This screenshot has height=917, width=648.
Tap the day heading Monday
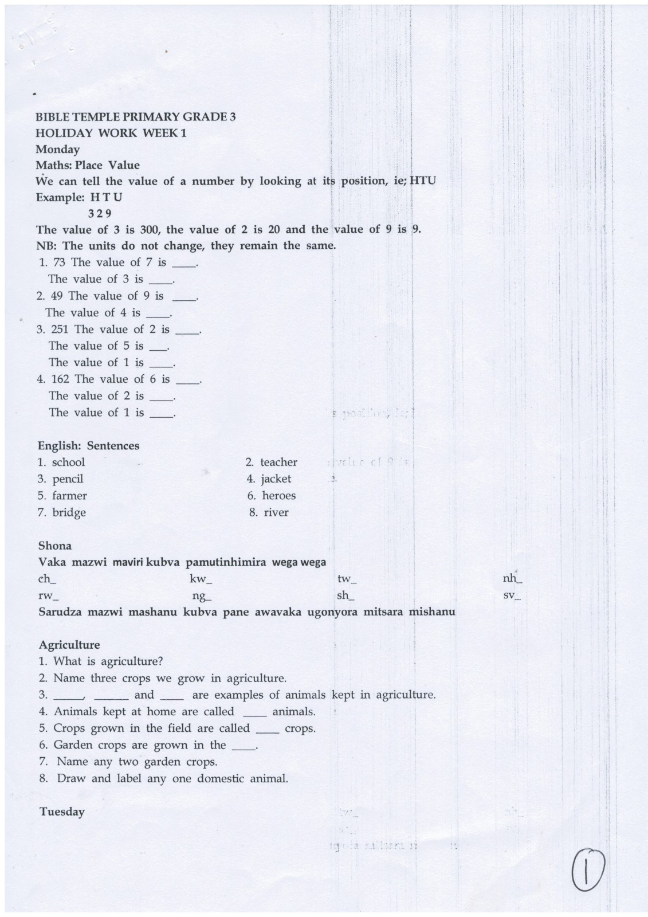[x=57, y=150]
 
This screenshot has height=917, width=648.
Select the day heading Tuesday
[x=62, y=812]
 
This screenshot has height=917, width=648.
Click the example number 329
[x=100, y=214]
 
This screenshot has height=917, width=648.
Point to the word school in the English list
[x=68, y=463]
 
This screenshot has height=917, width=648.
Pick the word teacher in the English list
[x=278, y=463]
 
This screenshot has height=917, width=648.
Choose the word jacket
[x=276, y=479]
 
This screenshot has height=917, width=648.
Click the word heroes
[x=279, y=496]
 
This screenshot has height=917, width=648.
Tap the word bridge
[x=69, y=512]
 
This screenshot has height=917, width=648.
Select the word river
[x=276, y=512]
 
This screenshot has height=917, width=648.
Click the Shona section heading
[x=54, y=546]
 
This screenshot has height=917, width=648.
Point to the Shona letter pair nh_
[x=512, y=579]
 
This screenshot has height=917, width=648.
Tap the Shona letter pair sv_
[x=512, y=595]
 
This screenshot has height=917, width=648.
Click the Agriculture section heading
[x=69, y=645]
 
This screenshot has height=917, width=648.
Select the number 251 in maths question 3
[x=60, y=330]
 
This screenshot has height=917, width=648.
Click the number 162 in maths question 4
[x=60, y=379]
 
